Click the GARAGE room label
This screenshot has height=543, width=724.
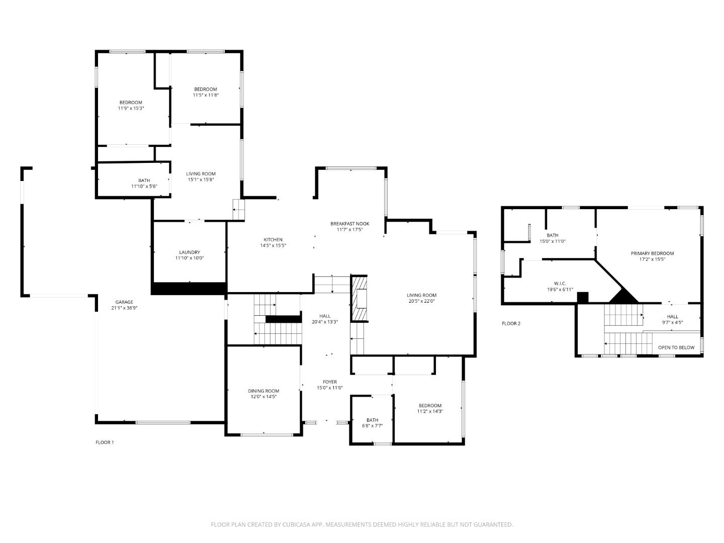[124, 302]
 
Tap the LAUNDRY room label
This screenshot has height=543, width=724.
[190, 252]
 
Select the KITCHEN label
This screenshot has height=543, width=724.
[273, 240]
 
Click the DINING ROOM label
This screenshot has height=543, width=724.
[263, 391]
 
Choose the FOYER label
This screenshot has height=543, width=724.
[330, 382]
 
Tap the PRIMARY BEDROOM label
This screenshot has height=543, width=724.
[652, 253]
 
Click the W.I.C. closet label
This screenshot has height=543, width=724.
[560, 284]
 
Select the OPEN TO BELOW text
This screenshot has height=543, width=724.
[676, 347]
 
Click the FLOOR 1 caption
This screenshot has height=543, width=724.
[105, 442]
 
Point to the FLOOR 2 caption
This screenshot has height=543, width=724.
[511, 323]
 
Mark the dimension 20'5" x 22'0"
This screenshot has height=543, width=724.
[421, 301]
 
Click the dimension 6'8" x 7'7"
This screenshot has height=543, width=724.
[372, 426]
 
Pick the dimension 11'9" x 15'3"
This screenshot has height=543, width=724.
[131, 108]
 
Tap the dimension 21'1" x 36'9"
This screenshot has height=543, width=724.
[124, 308]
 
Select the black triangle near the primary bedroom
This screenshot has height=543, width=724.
[624, 297]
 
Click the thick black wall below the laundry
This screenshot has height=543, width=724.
[189, 288]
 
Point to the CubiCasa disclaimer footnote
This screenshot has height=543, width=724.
[361, 524]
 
